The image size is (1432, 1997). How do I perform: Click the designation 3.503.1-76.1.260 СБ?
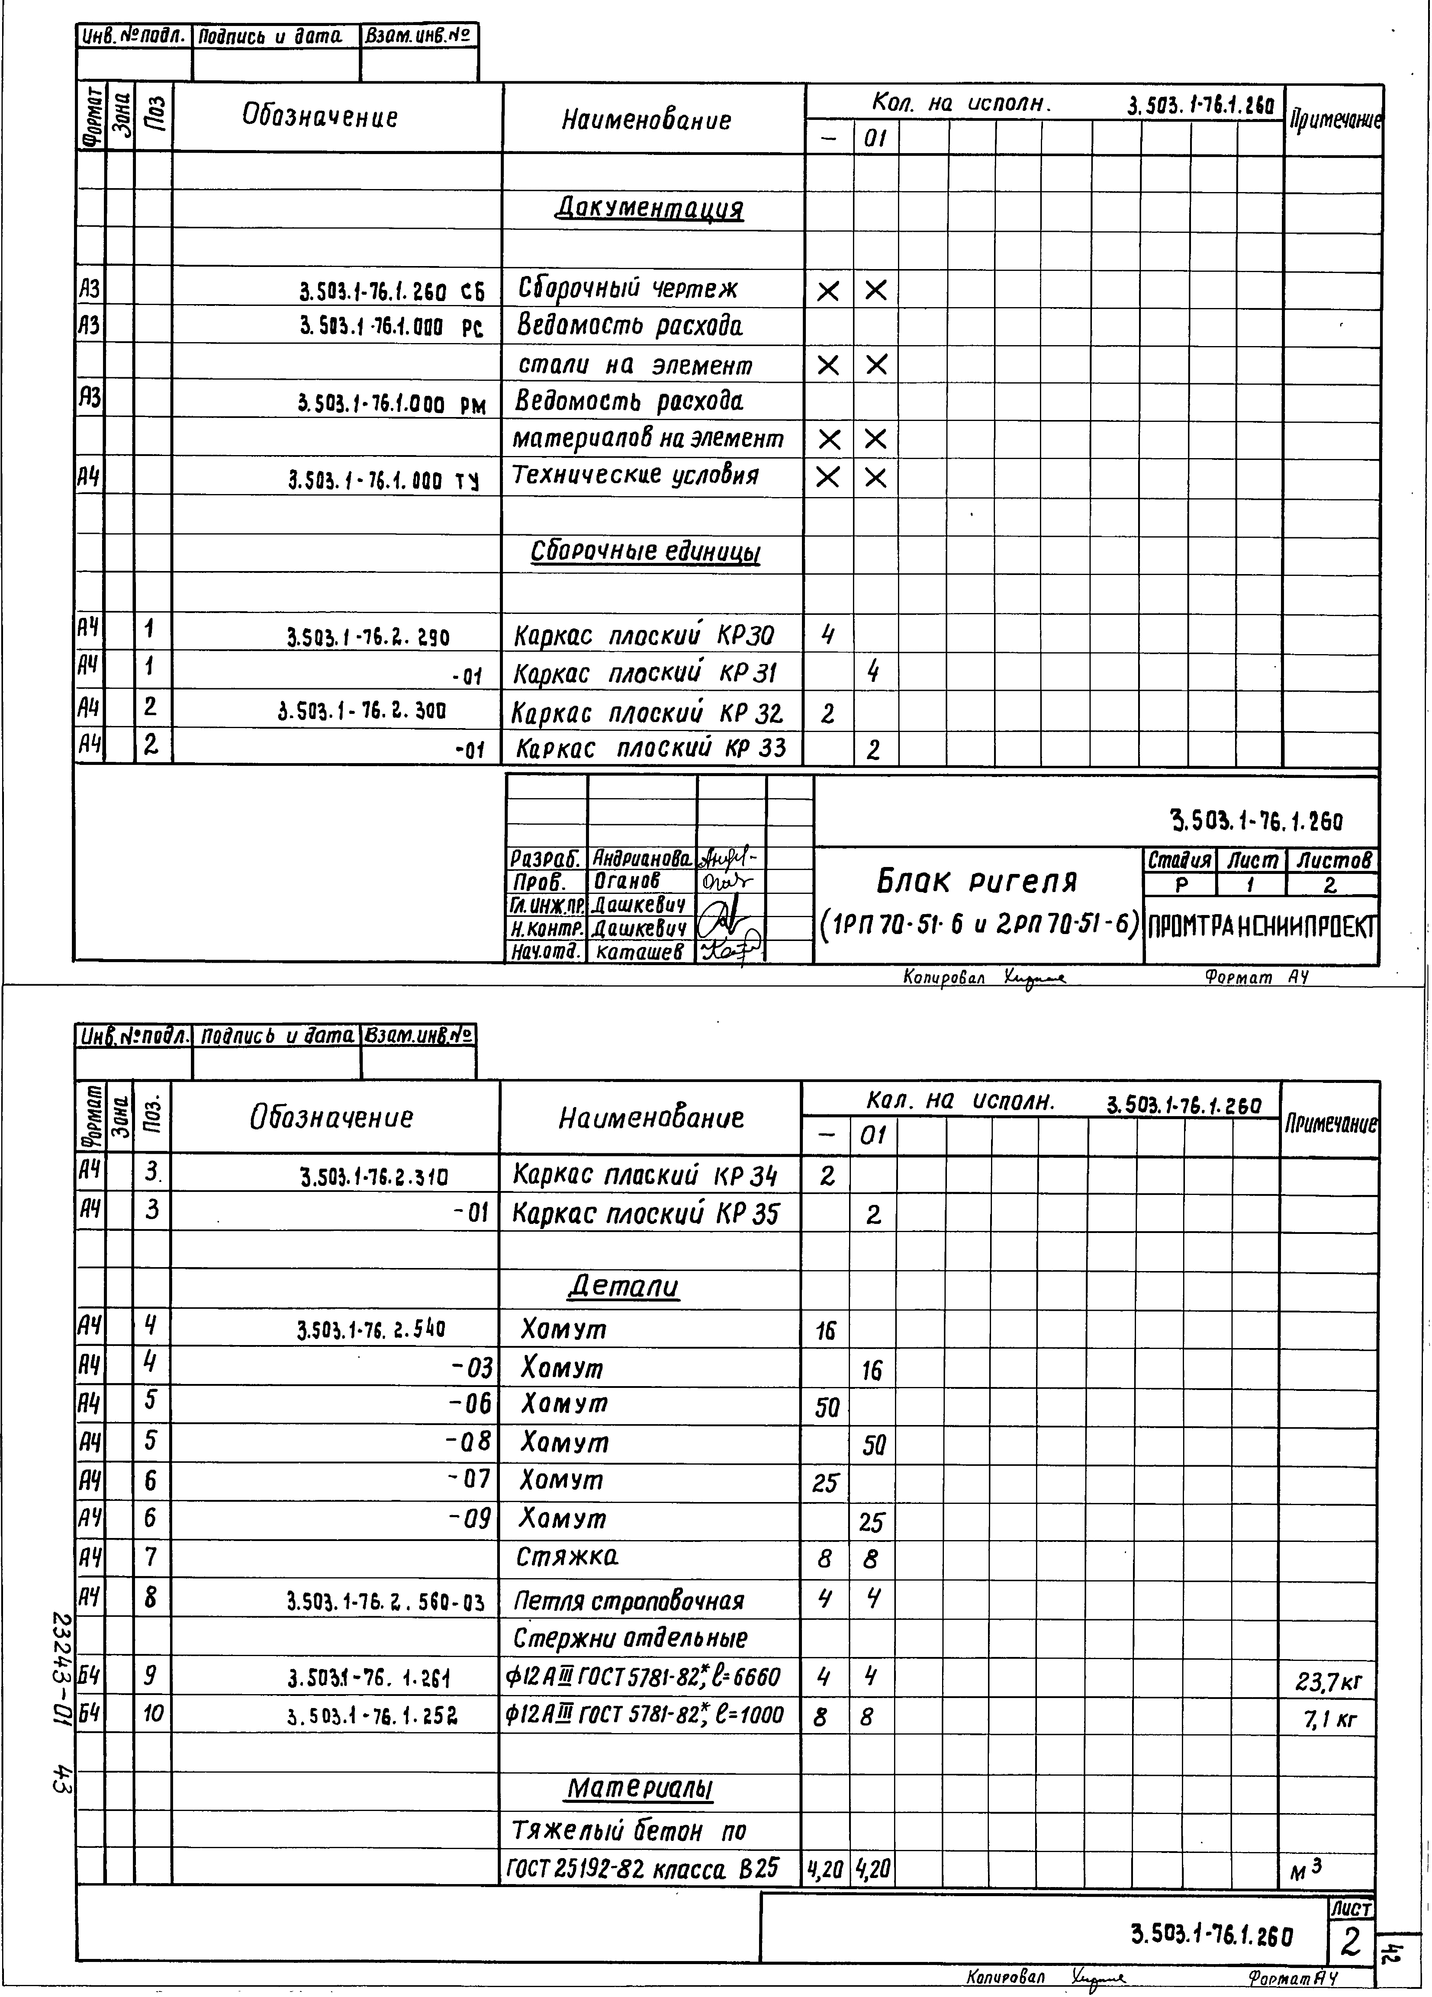pos(393,290)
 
